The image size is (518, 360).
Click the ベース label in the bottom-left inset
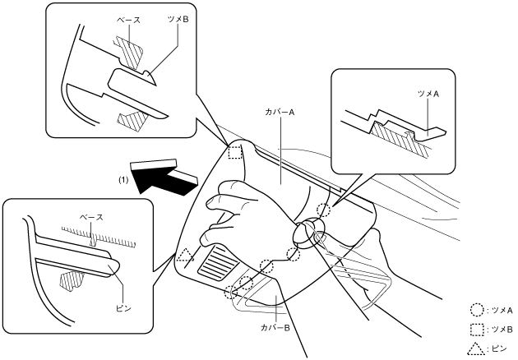(90, 216)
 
